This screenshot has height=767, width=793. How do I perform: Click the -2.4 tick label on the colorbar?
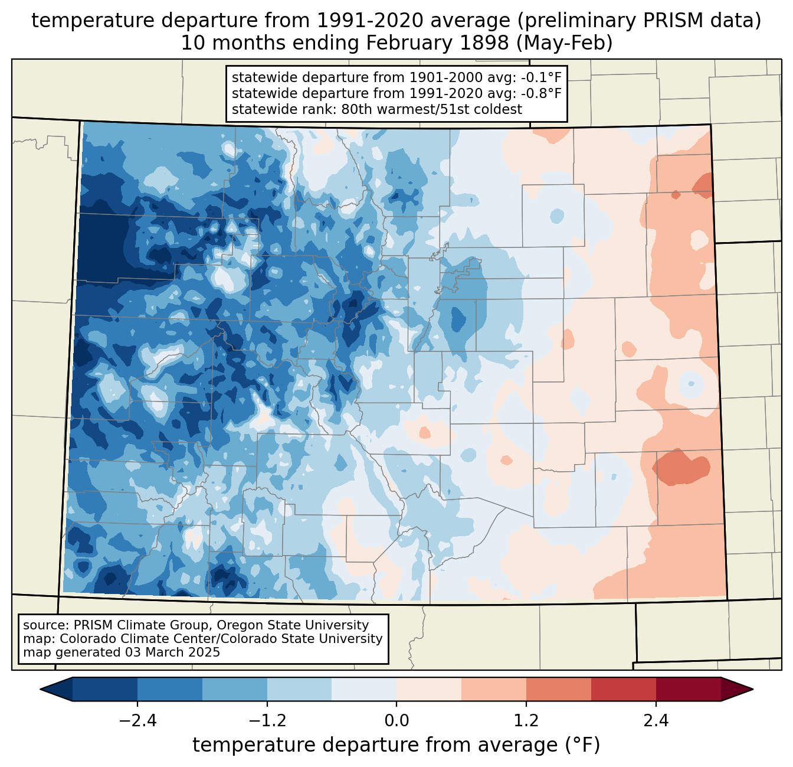[137, 721]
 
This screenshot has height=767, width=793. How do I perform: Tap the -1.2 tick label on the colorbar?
[267, 721]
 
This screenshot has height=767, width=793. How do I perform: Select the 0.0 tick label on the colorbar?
[396, 721]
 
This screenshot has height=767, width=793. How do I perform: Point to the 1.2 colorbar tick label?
[526, 721]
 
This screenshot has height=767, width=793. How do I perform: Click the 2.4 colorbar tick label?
[656, 721]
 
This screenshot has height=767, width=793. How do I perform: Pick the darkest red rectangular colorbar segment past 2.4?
[688, 689]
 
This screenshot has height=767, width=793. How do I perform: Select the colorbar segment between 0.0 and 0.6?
[429, 689]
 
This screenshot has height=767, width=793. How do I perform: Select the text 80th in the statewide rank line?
[355, 109]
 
